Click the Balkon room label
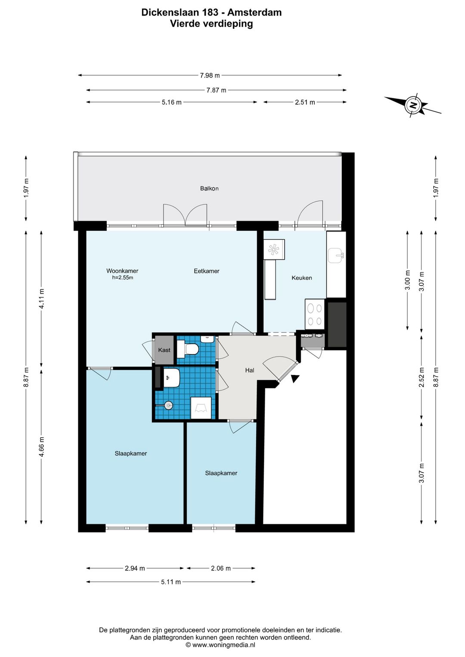(209, 188)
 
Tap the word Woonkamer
(122, 271)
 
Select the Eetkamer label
(207, 271)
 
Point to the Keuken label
(301, 278)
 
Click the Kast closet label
(164, 350)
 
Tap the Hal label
(250, 370)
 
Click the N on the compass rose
(413, 105)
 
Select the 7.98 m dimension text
(210, 75)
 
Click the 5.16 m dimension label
(172, 102)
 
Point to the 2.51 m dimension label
(305, 102)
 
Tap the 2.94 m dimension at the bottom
(135, 568)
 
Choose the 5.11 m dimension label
(171, 582)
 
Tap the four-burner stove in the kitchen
(314, 314)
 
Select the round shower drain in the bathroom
(168, 406)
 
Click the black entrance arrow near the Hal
(294, 378)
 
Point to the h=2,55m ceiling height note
(122, 278)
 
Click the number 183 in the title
(210, 12)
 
